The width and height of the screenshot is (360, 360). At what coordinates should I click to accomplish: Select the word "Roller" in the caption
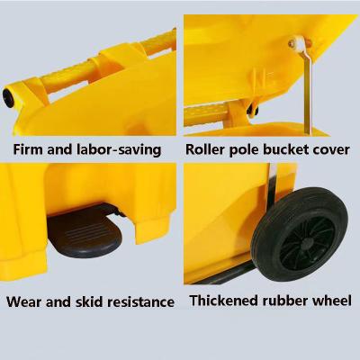204,149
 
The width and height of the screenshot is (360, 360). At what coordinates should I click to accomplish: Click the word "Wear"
24,301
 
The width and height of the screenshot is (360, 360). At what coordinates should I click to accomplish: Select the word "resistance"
141,301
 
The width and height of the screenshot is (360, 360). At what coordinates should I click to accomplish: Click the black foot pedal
85,232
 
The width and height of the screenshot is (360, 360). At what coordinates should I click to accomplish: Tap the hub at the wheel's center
307,244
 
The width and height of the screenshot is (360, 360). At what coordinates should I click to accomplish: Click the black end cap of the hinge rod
8,97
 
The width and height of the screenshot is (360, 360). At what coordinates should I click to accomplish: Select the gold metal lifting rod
308,89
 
